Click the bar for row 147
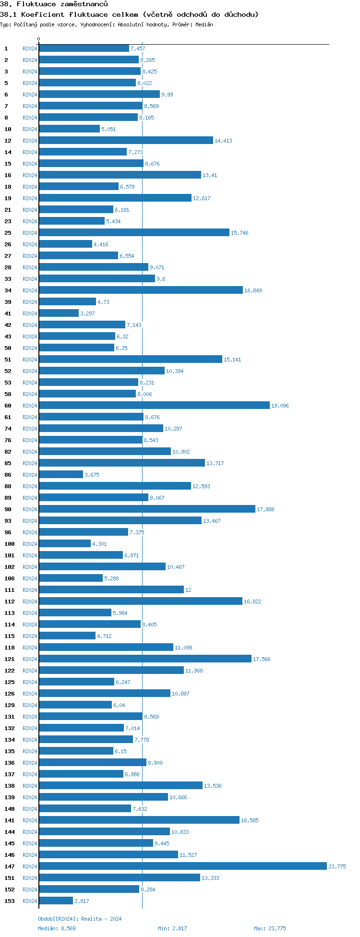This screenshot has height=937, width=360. pos(182,866)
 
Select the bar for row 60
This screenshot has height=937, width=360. pos(154,406)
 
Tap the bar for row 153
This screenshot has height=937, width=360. pos(56,901)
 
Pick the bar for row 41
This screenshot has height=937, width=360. pos(59,313)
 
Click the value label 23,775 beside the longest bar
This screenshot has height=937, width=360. pos(337,866)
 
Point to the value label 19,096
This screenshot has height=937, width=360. pos(280,406)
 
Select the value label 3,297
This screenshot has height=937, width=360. pos(87,313)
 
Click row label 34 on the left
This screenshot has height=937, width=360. pos(8,290)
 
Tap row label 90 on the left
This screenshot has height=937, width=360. pos(8,509)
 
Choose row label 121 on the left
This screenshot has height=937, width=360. pos(10,659)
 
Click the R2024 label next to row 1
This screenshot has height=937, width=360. pos(30,48)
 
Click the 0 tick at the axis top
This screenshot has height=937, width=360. pos(39,39)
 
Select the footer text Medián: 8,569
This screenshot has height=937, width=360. pos(57,928)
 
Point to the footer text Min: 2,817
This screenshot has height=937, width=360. pos(172,928)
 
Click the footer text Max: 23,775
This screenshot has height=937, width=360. pos(270,928)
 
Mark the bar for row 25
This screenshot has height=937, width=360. pos(134,233)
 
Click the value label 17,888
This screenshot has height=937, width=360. pos(265,509)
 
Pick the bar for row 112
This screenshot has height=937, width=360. pos(141,601)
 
